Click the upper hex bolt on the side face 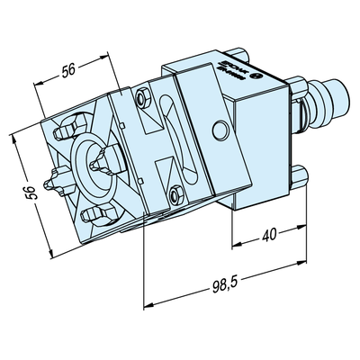[x=139, y=97]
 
